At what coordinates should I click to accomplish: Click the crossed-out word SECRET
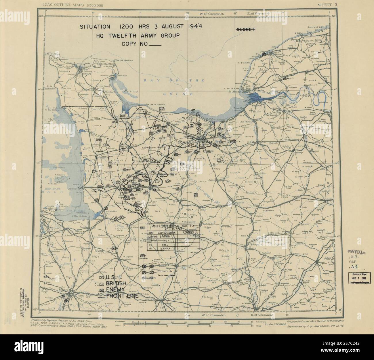click(x=245, y=29)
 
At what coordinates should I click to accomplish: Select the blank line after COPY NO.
click(x=156, y=45)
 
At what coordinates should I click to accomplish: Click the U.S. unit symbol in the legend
click(x=102, y=277)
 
